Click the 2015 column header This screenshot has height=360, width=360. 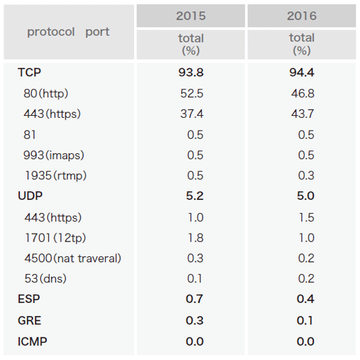191,16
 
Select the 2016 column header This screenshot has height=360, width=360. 301,16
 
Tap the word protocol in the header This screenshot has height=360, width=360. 51,32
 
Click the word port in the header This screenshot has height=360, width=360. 97,32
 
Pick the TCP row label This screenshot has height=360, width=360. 30,72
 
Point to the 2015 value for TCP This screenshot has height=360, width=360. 191,72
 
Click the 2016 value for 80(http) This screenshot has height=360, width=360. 303,93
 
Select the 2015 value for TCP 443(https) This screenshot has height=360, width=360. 192,114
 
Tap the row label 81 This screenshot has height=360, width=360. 30,135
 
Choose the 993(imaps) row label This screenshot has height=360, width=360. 54,155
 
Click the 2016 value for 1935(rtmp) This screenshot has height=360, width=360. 306,176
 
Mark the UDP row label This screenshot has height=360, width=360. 30,196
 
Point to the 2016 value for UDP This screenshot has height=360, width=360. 306,196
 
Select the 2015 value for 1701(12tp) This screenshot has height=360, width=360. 196,238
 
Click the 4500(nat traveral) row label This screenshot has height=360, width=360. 73,258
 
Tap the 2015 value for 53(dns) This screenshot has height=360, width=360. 195,279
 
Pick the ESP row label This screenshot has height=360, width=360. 29,299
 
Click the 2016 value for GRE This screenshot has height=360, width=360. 305,320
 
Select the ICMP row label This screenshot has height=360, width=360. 32,342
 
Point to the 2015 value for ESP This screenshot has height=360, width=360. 194,299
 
